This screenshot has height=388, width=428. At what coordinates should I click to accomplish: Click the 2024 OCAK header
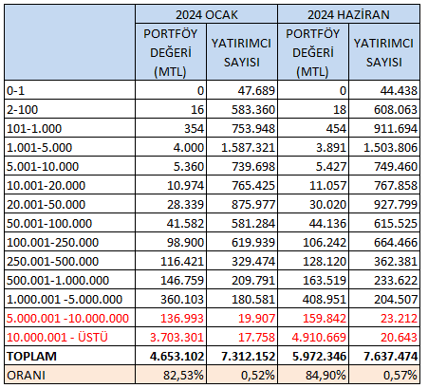coord(207,15)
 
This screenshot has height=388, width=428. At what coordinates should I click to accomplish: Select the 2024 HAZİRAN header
coord(348,15)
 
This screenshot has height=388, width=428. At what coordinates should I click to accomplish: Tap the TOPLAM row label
coord(31,357)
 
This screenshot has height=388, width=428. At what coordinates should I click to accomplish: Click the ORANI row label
coord(27,376)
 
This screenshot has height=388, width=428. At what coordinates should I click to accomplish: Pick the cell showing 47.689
coord(256,91)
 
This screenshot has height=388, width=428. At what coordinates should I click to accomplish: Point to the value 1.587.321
coord(248,148)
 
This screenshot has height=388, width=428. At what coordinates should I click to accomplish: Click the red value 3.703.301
coord(177,338)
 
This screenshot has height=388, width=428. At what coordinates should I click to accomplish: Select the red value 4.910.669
coord(319,338)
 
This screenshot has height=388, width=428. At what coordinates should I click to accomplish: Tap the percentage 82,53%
coord(183,376)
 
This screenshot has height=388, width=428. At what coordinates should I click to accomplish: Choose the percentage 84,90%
coord(326,376)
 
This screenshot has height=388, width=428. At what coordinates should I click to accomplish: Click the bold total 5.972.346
coord(319,357)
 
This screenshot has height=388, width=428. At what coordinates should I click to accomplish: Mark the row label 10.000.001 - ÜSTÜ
coord(57,338)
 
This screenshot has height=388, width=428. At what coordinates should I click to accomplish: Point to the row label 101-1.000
coord(34,129)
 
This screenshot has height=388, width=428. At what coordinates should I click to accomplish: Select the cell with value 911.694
coord(396,129)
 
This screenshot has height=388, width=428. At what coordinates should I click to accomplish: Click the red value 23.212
coord(399,319)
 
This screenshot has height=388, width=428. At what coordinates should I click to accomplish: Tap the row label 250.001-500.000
coord(53,262)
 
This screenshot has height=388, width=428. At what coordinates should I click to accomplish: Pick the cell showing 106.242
coord(325,243)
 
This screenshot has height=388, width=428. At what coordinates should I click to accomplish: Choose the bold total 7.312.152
coord(248,357)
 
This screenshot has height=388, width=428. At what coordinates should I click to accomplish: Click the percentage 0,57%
coord(400,376)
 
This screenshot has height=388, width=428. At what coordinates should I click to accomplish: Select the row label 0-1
coord(16,91)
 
